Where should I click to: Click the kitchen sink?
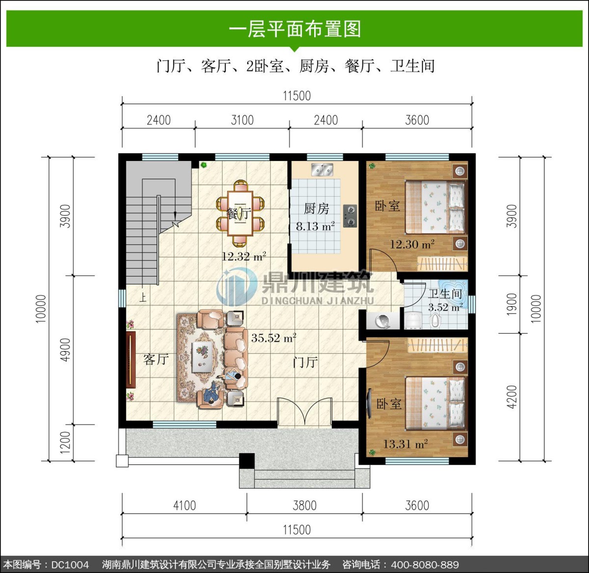(322, 170)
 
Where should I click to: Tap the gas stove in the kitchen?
(350, 216)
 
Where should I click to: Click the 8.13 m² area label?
(316, 226)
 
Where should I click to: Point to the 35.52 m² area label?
(273, 338)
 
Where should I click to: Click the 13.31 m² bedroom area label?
(405, 444)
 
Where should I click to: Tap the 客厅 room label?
(156, 360)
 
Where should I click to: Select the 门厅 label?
(305, 362)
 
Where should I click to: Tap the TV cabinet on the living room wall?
(131, 360)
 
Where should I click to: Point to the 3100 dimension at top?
(242, 120)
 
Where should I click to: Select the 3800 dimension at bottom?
(304, 506)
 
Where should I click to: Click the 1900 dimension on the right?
(511, 304)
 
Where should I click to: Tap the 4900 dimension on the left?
(65, 350)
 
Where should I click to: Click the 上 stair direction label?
(142, 298)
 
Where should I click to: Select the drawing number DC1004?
(70, 565)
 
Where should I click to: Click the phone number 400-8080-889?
(425, 565)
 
